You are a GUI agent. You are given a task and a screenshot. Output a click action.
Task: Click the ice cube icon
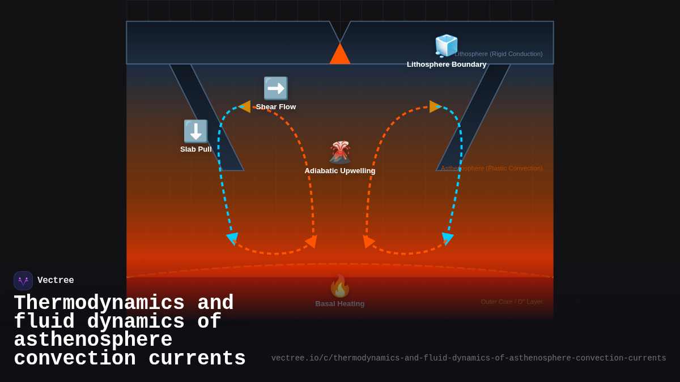coord(446,45)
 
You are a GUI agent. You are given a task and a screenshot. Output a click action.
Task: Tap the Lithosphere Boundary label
coord(447,65)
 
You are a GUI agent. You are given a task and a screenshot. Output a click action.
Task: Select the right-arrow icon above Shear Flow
coord(276,88)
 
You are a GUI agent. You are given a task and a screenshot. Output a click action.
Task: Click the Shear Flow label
coord(276,107)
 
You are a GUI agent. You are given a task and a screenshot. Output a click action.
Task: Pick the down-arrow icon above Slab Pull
coord(195,131)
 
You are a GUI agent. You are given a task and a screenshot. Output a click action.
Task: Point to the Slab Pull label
coord(195,149)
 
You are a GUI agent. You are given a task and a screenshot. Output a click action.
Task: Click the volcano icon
coord(340,152)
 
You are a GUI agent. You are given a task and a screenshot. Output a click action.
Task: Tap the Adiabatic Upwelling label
coord(340,171)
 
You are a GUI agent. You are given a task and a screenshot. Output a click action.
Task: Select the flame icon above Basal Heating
coord(340,286)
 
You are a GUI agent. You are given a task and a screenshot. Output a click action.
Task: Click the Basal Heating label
coord(340,304)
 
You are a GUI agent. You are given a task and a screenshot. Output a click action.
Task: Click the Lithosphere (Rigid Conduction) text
coord(499,54)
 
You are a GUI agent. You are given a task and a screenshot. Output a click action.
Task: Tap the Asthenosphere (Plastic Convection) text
coord(492,168)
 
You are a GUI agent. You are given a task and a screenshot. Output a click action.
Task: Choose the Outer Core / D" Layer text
coord(512,302)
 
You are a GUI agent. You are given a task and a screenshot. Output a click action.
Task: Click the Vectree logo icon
coord(23,281)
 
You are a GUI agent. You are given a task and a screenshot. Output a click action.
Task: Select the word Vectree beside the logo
coord(56,281)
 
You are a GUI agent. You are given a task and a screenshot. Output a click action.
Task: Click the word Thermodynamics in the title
coord(99,303)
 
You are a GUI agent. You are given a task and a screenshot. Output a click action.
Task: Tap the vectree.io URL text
coord(469,358)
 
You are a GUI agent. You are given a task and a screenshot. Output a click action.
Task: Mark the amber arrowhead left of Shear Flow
coord(245,106)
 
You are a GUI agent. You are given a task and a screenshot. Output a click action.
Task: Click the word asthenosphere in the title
coord(93,340)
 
